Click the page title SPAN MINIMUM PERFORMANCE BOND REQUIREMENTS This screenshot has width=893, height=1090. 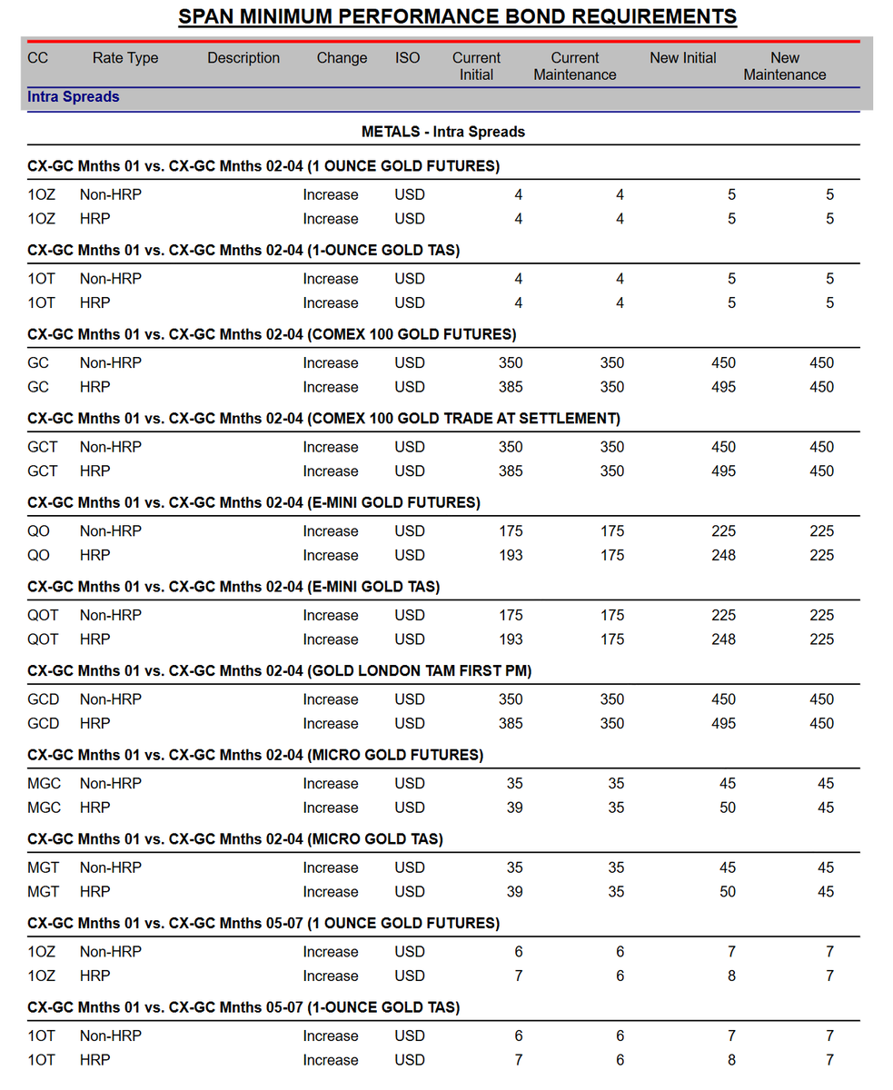(x=457, y=16)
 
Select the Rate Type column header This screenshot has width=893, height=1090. (x=125, y=58)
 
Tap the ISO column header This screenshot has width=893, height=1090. (x=408, y=58)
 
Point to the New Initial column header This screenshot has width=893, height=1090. (x=683, y=58)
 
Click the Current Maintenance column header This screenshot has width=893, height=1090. (x=575, y=66)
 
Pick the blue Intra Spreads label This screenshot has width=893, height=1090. (x=74, y=96)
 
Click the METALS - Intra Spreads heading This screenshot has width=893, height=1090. (x=443, y=132)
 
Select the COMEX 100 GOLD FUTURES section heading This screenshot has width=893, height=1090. (x=273, y=334)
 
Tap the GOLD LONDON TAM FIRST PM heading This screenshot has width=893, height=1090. (x=280, y=670)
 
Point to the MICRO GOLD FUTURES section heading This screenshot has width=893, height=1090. (x=255, y=755)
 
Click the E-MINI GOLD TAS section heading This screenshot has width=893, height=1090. (x=233, y=587)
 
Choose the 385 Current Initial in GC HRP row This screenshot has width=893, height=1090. (x=511, y=387)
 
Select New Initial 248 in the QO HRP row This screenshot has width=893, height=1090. (x=724, y=555)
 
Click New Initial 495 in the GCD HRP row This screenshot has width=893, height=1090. (x=724, y=723)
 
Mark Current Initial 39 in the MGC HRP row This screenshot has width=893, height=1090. (x=514, y=808)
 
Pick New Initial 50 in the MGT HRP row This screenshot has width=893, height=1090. (x=728, y=892)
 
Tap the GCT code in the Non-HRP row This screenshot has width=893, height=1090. (x=43, y=447)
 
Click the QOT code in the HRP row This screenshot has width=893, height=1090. (x=43, y=639)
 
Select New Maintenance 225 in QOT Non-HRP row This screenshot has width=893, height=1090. (x=821, y=615)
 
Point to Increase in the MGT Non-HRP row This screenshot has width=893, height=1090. (x=331, y=867)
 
